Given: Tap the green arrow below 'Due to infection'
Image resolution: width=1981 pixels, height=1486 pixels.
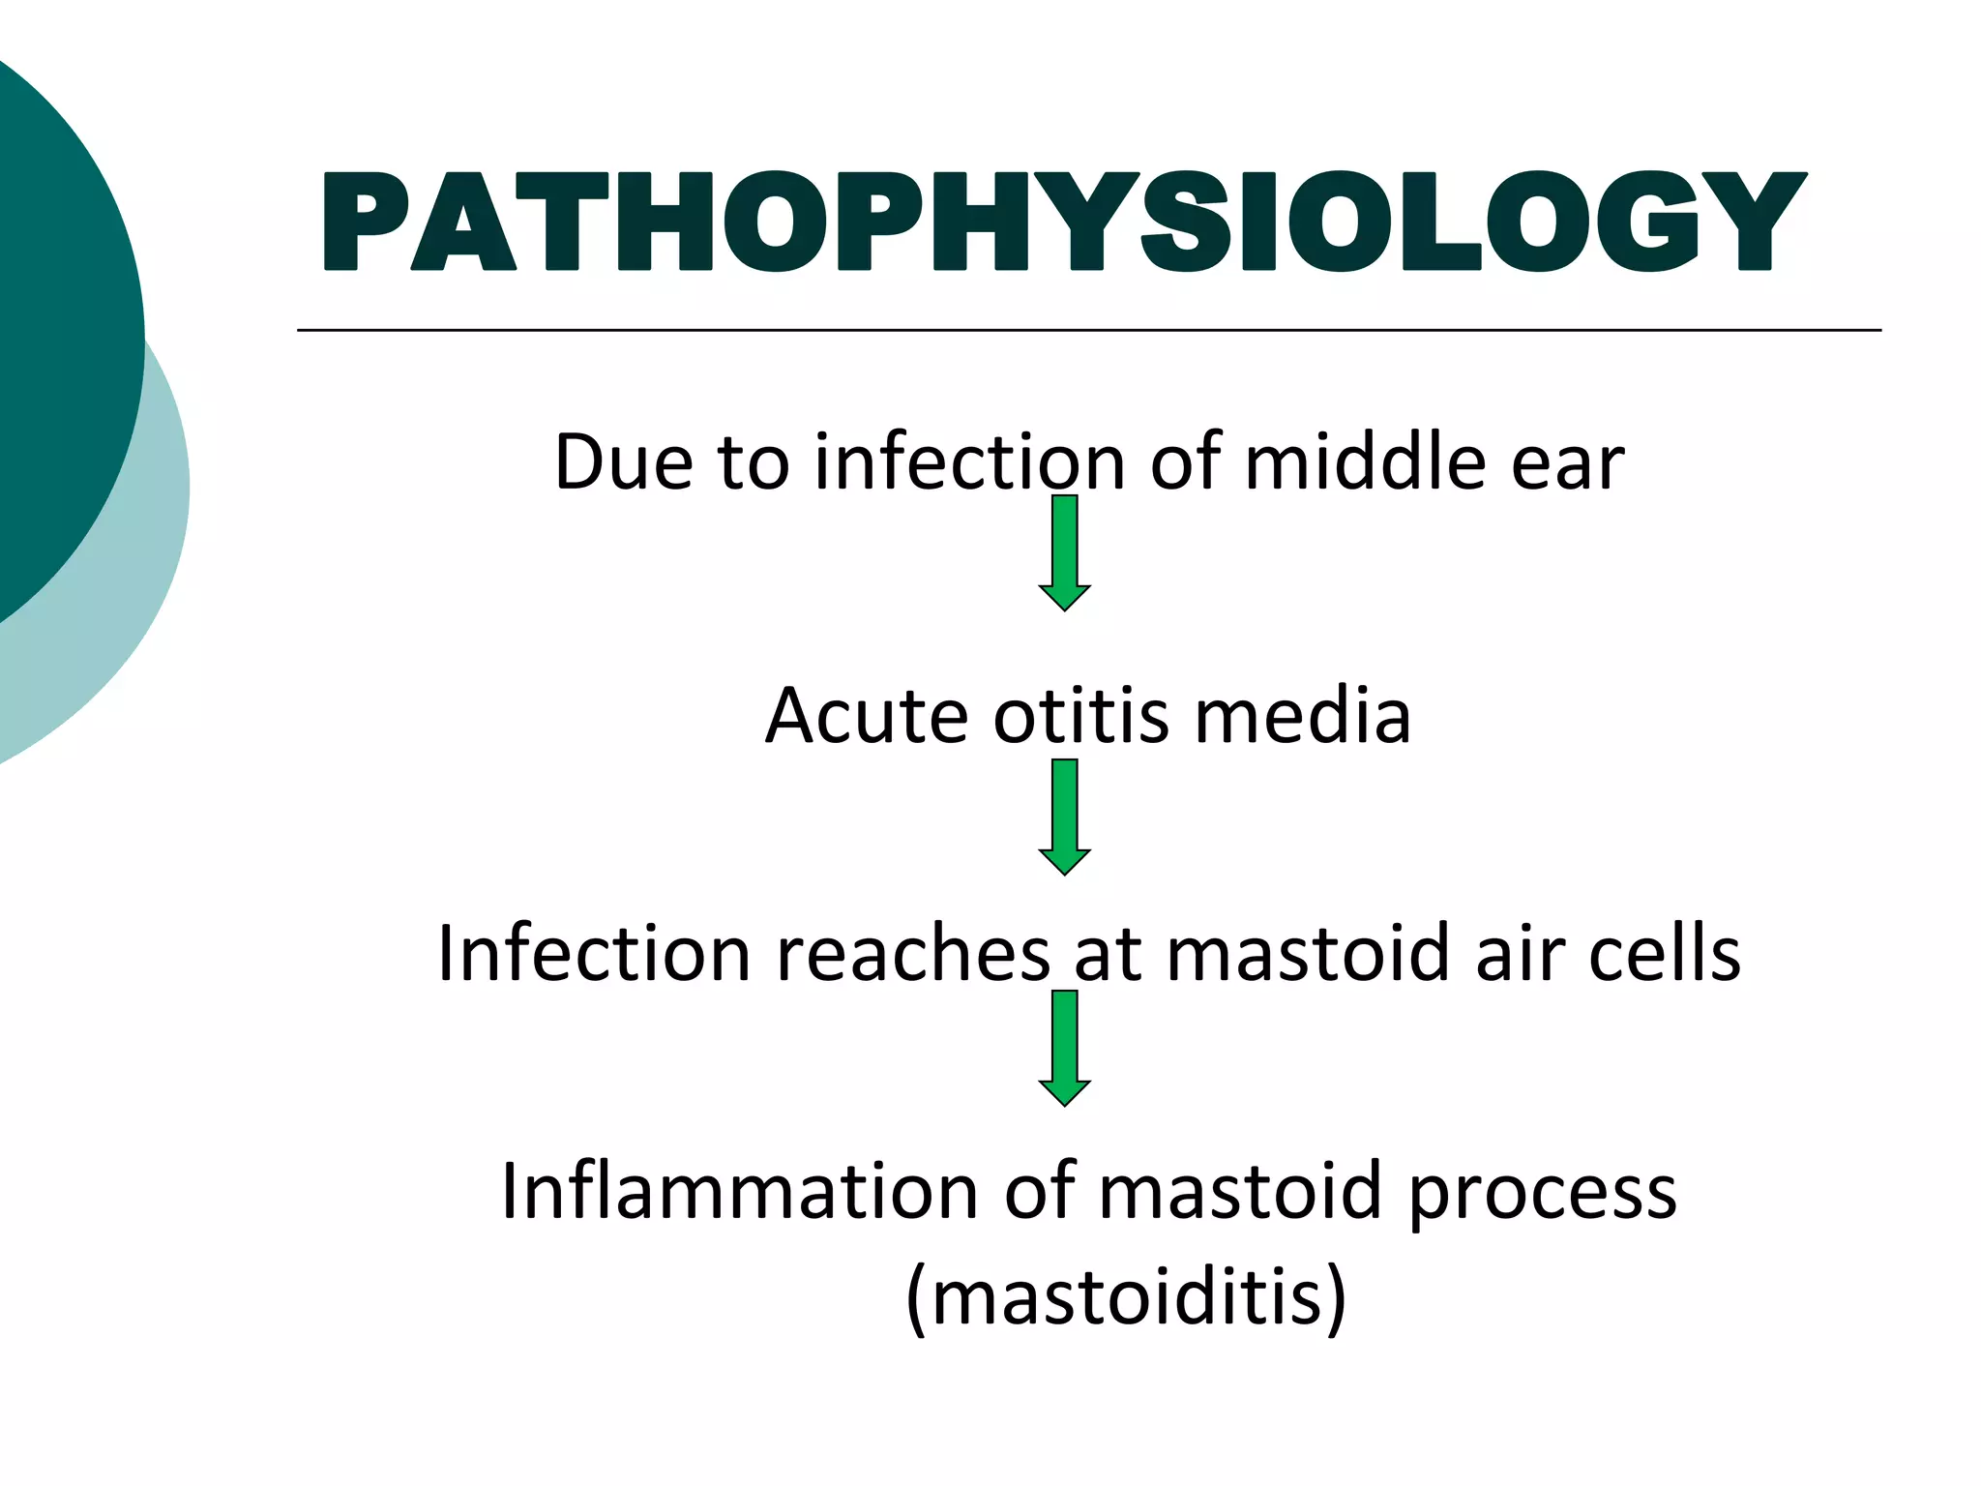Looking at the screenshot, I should tap(1064, 553).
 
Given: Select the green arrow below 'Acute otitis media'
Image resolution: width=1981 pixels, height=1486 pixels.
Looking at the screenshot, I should tap(1064, 817).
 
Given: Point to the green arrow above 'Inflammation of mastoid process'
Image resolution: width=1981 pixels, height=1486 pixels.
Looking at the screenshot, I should tap(1064, 1049).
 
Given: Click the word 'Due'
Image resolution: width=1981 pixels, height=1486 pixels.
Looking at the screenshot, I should tap(623, 462).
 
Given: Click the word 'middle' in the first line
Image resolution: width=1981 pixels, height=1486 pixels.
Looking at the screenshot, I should tap(1365, 462).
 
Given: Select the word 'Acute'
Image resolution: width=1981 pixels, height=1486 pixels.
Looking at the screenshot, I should tap(867, 717).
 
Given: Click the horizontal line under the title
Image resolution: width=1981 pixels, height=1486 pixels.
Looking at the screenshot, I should tap(1088, 331).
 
